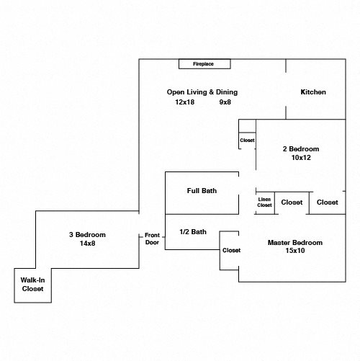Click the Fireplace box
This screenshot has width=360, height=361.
coord(204,64)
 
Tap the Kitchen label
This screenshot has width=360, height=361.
coord(313,92)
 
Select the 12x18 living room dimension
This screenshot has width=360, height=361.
coord(184,102)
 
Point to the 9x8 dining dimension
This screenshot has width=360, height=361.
coord(225,102)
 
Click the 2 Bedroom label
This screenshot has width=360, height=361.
coord(301,149)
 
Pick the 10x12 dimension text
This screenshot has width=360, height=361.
coord(301,158)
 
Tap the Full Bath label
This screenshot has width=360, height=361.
coord(202,191)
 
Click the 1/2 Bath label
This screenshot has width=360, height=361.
coord(193,232)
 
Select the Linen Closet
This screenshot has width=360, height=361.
coord(265,202)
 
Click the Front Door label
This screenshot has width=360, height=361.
coord(152,239)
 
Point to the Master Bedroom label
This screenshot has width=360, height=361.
coord(295,243)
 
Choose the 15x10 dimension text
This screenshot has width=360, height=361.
coord(295,251)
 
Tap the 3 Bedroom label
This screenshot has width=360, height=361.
coord(87,235)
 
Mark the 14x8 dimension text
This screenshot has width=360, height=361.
coord(87,244)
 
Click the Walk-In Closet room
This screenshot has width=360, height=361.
coord(32,285)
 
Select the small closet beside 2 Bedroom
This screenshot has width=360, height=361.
coord(247,141)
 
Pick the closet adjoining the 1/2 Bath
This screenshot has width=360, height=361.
coord(230,251)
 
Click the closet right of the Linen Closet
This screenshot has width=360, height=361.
coord(292,202)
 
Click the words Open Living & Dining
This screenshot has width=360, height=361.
coord(202,92)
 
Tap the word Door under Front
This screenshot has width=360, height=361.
coord(152,242)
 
